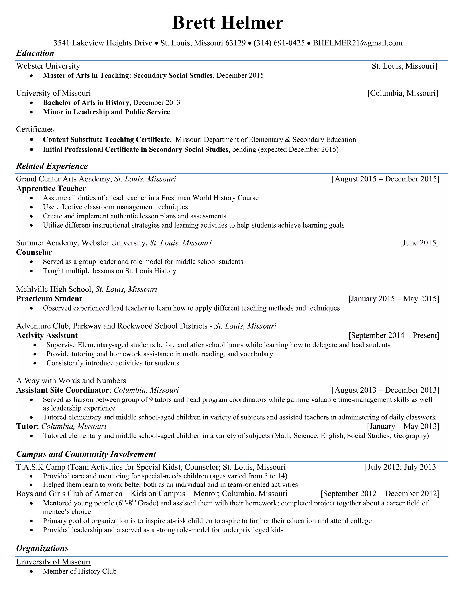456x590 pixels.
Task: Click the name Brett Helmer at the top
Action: tap(228, 23)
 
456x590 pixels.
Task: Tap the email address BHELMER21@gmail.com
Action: tap(357, 43)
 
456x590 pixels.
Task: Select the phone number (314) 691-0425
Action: tap(279, 43)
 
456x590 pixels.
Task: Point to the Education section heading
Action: tap(35, 53)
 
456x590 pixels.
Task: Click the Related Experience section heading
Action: tap(52, 166)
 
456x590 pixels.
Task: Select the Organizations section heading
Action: tap(42, 548)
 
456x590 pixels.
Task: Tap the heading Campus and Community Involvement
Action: tap(86, 454)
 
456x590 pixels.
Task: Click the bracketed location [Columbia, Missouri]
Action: tap(403, 93)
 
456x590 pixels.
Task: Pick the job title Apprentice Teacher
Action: tap(51, 189)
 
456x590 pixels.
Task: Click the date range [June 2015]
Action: tap(419, 243)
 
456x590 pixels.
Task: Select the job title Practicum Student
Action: tap(49, 299)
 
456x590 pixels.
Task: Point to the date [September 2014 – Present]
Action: tap(394, 336)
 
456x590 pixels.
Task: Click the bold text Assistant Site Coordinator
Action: tap(62, 390)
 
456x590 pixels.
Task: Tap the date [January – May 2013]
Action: tap(403, 426)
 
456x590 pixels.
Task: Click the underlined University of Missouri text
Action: tap(53, 562)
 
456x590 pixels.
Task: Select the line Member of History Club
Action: tap(79, 571)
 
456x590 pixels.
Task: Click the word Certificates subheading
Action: tap(35, 129)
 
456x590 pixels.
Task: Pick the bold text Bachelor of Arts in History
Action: tap(86, 103)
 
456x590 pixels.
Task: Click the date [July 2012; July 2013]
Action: tap(401, 467)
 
